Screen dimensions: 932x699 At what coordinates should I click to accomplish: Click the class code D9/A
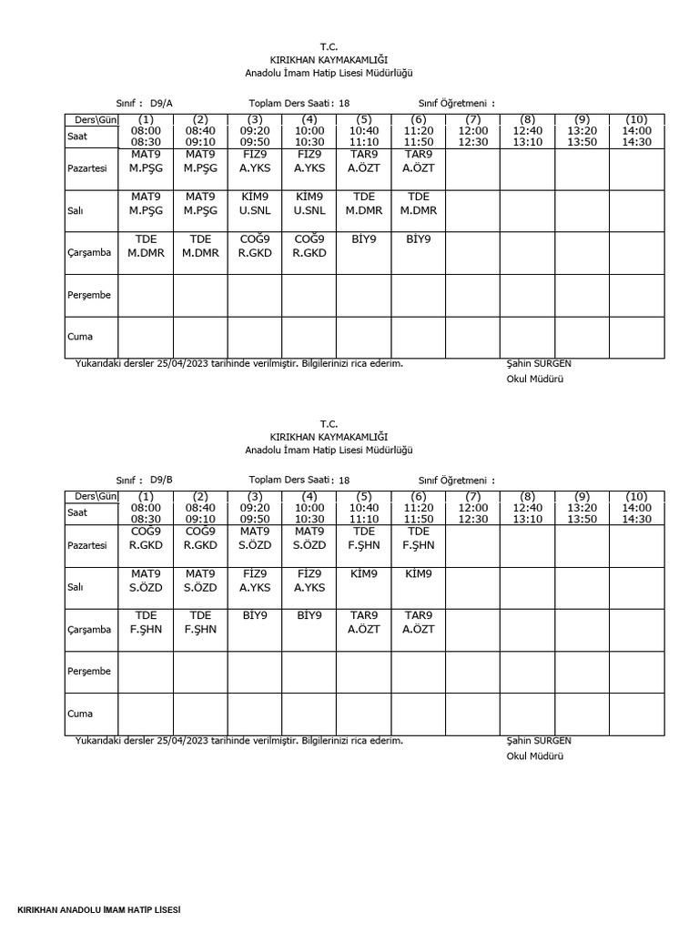click(162, 103)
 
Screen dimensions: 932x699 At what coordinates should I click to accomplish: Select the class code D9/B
click(162, 480)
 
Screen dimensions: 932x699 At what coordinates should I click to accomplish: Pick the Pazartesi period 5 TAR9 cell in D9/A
click(364, 161)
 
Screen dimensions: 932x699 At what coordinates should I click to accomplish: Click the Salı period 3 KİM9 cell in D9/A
click(255, 203)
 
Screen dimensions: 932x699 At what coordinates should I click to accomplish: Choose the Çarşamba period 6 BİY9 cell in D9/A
click(419, 239)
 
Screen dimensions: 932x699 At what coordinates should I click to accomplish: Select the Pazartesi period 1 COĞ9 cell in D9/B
click(146, 538)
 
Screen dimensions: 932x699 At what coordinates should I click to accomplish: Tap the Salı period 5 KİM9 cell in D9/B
click(364, 574)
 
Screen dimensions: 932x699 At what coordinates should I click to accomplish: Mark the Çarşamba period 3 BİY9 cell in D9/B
click(255, 616)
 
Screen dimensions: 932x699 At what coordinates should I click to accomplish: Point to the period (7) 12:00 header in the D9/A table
click(473, 130)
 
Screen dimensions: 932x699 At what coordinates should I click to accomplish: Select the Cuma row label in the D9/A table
click(80, 337)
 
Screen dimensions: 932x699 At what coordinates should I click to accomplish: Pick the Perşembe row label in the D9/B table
click(88, 672)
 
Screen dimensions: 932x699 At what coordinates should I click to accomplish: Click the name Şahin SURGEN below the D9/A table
click(539, 363)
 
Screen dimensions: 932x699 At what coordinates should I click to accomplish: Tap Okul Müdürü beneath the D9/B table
click(534, 756)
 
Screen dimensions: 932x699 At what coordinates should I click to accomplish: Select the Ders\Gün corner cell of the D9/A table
click(91, 119)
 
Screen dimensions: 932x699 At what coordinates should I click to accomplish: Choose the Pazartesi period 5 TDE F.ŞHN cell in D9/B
click(364, 538)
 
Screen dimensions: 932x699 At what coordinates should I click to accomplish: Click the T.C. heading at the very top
click(329, 46)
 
